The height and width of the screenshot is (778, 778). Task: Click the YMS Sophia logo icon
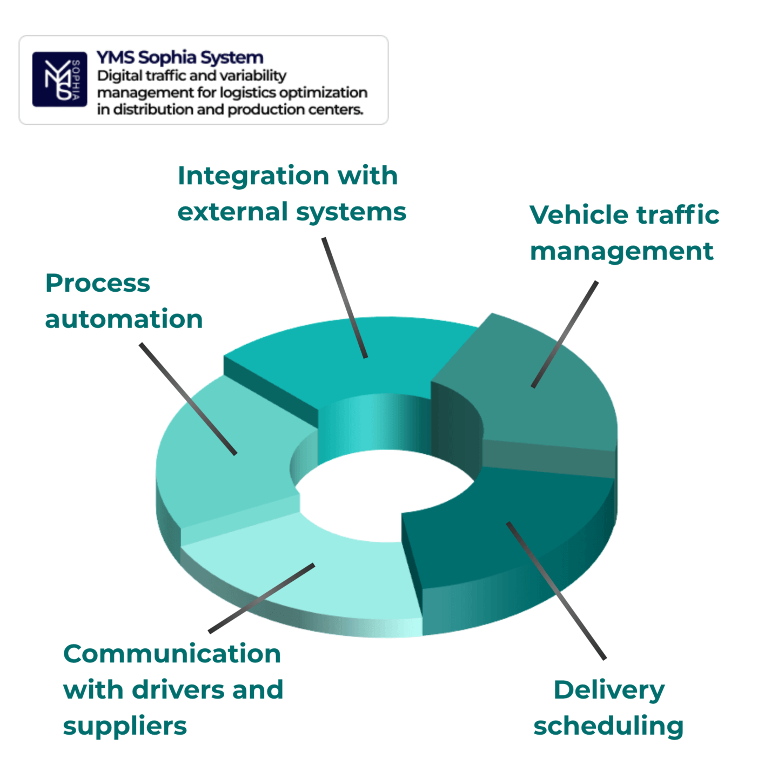click(59, 79)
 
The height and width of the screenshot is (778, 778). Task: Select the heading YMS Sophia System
click(180, 57)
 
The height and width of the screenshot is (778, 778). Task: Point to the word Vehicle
click(579, 215)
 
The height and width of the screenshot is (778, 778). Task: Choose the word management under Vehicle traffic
click(621, 252)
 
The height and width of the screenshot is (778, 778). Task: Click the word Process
click(98, 283)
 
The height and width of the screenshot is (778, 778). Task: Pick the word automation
click(124, 319)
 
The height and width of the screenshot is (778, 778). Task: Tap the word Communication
click(172, 654)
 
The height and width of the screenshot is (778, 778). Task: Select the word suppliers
click(125, 726)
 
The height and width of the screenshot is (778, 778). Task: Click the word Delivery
click(609, 690)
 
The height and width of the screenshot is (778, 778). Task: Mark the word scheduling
click(608, 726)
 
